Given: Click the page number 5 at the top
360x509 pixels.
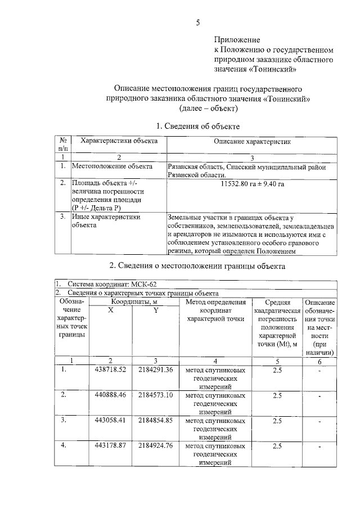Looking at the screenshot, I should [x=197, y=22].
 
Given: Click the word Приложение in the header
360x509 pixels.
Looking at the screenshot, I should [x=236, y=40].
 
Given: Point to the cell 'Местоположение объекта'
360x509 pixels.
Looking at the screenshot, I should [x=112, y=166].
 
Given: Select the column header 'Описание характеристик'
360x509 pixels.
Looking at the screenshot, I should [x=252, y=143].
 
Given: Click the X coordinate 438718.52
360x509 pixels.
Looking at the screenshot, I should [x=111, y=370].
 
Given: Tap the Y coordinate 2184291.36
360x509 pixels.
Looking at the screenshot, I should [x=155, y=370].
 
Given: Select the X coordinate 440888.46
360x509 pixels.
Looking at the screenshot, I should [x=111, y=395].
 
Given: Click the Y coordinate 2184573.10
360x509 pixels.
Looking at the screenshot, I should [x=155, y=395].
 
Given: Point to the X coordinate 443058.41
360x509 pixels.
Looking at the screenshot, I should [x=111, y=420].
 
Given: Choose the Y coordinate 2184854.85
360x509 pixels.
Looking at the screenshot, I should [x=155, y=420].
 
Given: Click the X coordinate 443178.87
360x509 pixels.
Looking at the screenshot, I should [x=111, y=445].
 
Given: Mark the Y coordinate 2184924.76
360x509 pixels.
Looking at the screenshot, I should [x=155, y=445].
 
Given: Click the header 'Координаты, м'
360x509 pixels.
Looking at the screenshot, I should [x=133, y=302].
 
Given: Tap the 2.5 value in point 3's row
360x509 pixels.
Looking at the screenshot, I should [x=277, y=420].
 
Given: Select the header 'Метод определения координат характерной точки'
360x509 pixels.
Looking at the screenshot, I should [x=212, y=310].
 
